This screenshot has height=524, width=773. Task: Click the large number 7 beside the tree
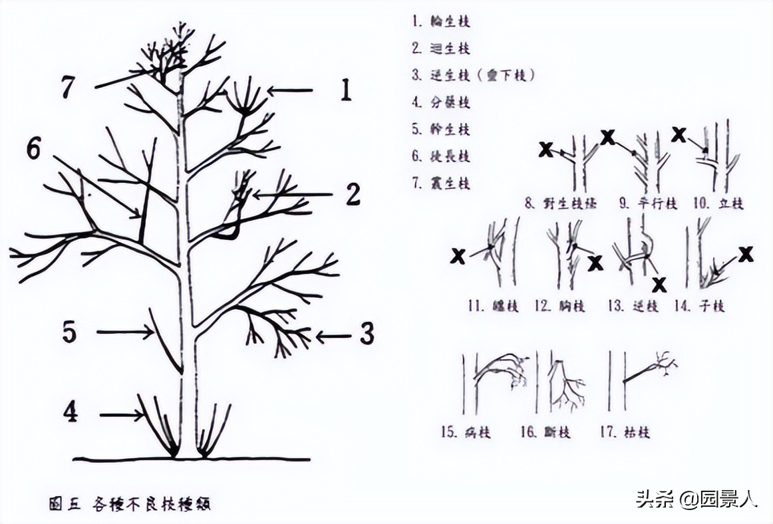[x=67, y=87]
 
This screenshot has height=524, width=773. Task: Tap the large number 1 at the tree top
[x=345, y=90]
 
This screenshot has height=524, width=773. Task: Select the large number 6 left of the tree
[x=33, y=150]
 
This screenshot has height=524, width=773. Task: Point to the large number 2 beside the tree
[x=353, y=195]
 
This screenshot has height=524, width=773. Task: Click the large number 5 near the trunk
[x=70, y=332]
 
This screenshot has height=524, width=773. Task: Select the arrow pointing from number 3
[x=333, y=337]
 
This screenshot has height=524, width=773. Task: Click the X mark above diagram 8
[x=545, y=150]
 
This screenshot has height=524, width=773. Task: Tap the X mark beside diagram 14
[x=746, y=254]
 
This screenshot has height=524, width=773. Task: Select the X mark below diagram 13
[x=659, y=285]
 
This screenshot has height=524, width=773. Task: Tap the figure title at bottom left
[x=130, y=503]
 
